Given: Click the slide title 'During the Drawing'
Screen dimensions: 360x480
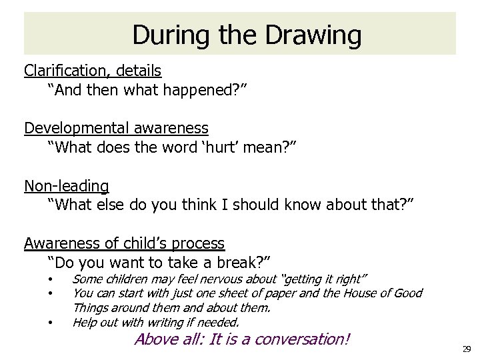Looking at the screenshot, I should point(247,35).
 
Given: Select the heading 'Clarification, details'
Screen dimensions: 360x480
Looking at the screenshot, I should point(93,70).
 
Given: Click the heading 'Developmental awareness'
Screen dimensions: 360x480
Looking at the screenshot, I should point(116,127).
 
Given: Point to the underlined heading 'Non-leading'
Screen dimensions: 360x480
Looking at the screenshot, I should point(67,185).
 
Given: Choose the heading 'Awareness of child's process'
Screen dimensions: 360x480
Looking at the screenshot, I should point(124,243).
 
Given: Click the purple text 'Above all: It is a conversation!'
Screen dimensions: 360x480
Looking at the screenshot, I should point(241,339).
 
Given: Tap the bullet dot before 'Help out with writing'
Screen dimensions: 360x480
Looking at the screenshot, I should point(50,323).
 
